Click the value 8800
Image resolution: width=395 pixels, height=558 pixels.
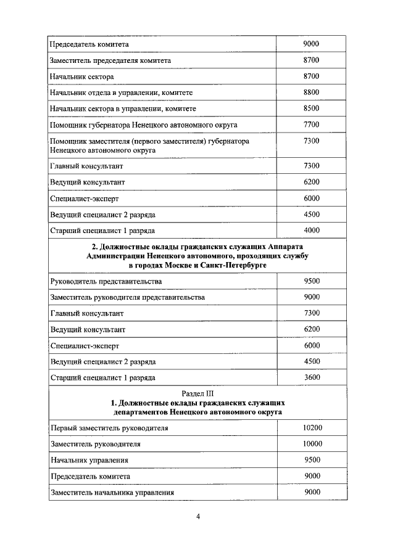(x=312, y=92)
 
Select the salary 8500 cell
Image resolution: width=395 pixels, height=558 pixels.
(x=312, y=108)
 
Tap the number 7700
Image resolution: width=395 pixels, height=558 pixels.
(x=312, y=124)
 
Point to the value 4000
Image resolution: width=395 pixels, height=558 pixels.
(x=312, y=230)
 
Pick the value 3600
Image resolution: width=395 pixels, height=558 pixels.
(x=312, y=377)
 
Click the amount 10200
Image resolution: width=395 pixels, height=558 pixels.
(x=312, y=427)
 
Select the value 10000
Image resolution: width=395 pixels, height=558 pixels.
(x=312, y=443)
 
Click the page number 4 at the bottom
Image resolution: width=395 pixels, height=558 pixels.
(x=198, y=517)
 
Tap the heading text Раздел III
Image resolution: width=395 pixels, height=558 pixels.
(x=197, y=393)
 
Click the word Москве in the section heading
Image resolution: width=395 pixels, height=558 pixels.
(x=171, y=264)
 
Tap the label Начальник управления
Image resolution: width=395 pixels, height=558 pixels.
(x=89, y=460)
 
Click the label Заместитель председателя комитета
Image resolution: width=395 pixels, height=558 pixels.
(x=110, y=60)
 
